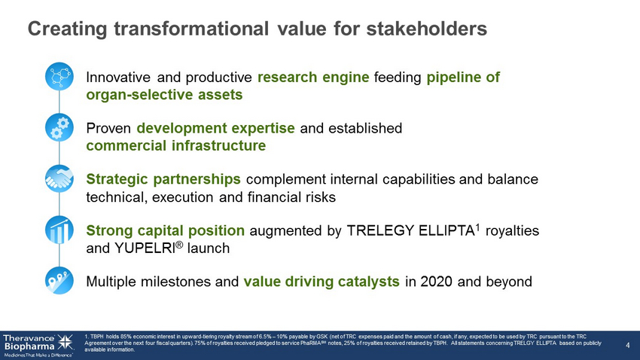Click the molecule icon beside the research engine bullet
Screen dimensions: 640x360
[x=59, y=76]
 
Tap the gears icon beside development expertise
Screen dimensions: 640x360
[x=59, y=127]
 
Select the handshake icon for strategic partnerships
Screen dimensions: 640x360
[x=59, y=178]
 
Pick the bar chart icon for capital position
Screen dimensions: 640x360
[x=59, y=230]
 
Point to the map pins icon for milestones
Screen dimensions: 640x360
[x=59, y=281]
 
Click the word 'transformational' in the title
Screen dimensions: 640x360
[x=191, y=29]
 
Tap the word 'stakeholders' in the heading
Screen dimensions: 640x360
[x=426, y=29]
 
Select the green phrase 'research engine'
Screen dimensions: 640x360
[x=313, y=77]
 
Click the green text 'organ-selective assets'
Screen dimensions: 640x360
[x=164, y=95]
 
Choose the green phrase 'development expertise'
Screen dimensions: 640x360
[x=215, y=128]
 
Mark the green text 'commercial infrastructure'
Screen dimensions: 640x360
[x=176, y=145]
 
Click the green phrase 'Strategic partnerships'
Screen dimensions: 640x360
[x=163, y=179]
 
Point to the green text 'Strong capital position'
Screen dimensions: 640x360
[x=166, y=230]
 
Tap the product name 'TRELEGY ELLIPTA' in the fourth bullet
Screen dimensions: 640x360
[x=410, y=230]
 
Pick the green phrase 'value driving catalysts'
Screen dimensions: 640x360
[x=322, y=282]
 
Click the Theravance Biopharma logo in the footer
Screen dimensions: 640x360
[x=38, y=345]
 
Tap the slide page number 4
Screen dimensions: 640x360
[x=628, y=345]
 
